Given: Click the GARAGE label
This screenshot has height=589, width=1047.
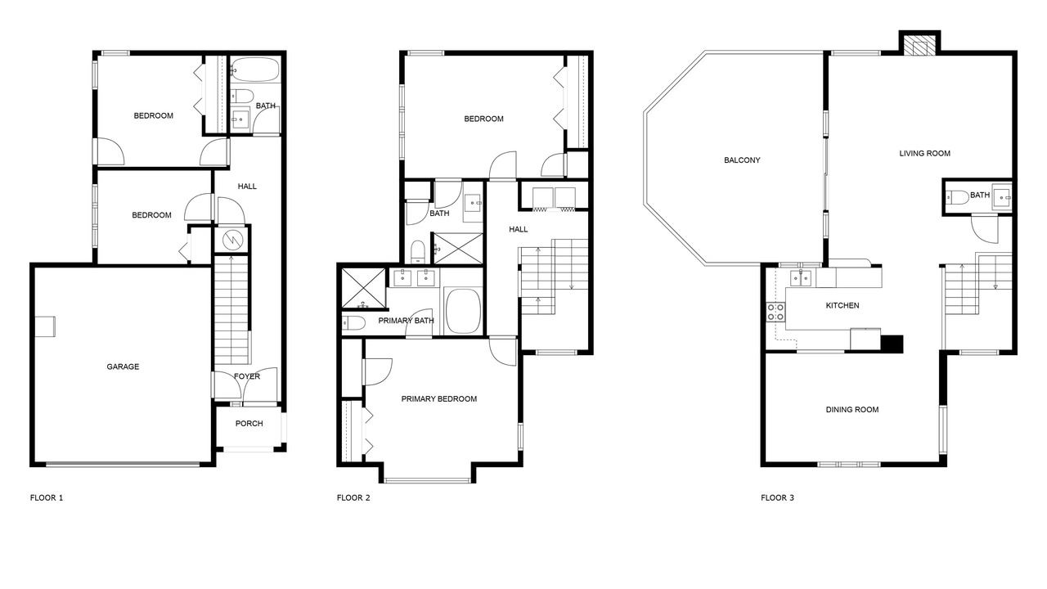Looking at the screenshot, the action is (123, 367).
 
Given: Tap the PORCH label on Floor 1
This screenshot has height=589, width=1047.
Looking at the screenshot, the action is (249, 424).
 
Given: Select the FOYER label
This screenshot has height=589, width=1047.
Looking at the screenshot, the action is (247, 376).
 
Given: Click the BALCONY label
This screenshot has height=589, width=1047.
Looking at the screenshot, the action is (742, 160).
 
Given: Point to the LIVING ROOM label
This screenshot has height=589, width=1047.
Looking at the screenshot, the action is (924, 153).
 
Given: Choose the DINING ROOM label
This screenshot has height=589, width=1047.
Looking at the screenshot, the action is (852, 410).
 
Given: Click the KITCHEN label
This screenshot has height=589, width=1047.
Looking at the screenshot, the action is (843, 306).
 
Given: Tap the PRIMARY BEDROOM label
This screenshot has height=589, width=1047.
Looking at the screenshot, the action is (439, 399).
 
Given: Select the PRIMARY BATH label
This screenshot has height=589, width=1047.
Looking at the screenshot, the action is (406, 321).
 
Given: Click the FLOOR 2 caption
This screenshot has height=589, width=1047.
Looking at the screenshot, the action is (353, 498).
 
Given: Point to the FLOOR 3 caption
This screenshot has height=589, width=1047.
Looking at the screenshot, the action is (777, 498).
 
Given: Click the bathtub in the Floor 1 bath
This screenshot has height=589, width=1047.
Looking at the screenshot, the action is (255, 70).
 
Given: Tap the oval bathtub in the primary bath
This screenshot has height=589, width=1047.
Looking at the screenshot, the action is (463, 311).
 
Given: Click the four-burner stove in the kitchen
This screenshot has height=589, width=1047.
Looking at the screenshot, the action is (775, 312).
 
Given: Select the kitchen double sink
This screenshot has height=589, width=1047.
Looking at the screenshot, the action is (801, 278).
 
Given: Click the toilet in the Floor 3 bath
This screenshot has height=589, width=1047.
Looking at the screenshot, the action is (957, 198).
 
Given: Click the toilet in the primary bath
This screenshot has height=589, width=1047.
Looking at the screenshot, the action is (353, 323).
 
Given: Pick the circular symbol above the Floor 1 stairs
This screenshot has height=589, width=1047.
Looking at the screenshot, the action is (231, 241).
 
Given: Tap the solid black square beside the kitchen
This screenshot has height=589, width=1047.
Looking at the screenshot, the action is (892, 344).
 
